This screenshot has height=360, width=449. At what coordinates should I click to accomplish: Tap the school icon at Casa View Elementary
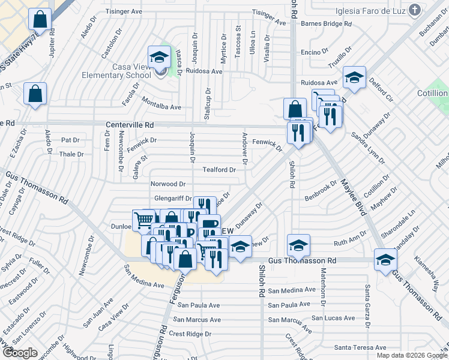click(x=160, y=58)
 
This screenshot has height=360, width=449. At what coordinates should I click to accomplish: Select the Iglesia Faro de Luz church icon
click(x=414, y=9)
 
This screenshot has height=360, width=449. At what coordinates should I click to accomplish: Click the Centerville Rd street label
click(x=130, y=125)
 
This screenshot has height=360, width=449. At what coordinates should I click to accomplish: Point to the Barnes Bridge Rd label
click(x=327, y=24)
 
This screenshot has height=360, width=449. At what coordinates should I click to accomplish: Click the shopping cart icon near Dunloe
click(x=144, y=220)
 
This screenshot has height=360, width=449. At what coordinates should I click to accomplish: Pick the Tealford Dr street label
click(x=219, y=170)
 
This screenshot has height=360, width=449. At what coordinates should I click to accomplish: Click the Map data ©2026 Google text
click(x=411, y=355)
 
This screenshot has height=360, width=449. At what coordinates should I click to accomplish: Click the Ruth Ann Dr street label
click(x=349, y=243)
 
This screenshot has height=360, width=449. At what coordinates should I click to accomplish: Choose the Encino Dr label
click(x=315, y=52)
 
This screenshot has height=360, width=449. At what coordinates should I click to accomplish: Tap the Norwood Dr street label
click(x=168, y=184)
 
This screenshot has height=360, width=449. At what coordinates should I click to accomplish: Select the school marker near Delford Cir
click(x=355, y=77)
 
